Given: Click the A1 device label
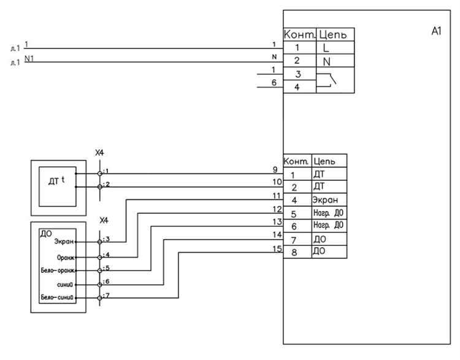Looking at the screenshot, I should [437, 31].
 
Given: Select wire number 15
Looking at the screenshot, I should [276, 248].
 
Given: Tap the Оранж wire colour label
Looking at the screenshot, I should [64, 257].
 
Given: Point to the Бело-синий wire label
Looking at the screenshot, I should [57, 298].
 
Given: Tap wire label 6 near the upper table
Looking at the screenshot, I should [274, 83].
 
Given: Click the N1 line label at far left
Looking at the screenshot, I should [29, 58].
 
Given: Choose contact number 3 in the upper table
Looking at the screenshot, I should [296, 74].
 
